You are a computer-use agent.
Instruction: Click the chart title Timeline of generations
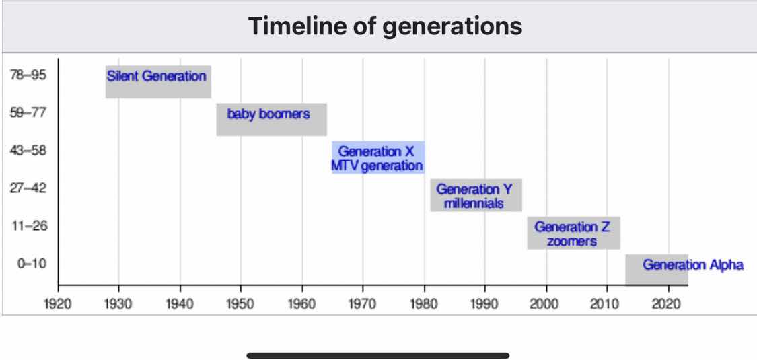tap(386, 26)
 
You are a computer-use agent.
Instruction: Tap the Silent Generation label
tap(156, 76)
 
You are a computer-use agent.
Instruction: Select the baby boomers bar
tap(271, 119)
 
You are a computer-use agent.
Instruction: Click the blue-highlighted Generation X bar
tap(378, 157)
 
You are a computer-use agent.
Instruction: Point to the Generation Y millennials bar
tap(476, 195)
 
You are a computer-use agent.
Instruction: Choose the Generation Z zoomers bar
tap(573, 233)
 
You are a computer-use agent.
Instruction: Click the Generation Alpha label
tap(693, 265)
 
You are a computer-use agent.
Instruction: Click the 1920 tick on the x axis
tap(58, 287)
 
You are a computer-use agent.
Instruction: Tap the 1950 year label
tap(241, 305)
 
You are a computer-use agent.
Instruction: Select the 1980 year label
tap(425, 305)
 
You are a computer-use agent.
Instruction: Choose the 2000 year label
tap(546, 305)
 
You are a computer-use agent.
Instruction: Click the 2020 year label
tap(669, 305)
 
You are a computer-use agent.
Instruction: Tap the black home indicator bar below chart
tap(378, 356)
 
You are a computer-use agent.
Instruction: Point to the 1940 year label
tap(180, 305)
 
